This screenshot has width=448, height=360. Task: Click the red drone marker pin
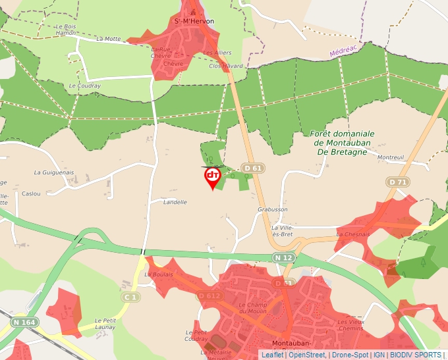pos(212,176)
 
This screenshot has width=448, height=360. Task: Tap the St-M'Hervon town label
pos(194,21)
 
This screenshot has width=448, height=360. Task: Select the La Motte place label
pos(109,39)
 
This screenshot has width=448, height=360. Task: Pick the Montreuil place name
pos(391,157)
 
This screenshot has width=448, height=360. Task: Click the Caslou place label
pos(31,193)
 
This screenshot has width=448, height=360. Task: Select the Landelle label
pos(175,202)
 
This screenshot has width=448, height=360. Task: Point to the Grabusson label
pos(272,209)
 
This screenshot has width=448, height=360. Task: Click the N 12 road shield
pos(284,257)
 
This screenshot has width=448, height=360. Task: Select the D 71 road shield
pos(397,182)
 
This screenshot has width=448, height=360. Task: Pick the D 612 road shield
pos(209,296)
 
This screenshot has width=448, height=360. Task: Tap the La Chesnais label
pos(353,234)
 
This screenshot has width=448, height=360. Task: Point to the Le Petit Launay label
pos(105,323)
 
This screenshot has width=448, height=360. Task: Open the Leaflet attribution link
pos(272,355)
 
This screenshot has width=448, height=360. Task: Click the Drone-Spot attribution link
pos(350,355)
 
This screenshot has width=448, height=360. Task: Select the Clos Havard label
pos(225,66)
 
